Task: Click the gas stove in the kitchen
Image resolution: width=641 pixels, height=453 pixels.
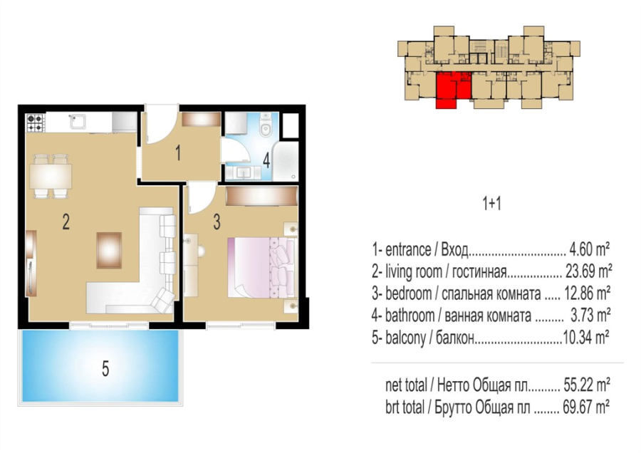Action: tap(35, 123)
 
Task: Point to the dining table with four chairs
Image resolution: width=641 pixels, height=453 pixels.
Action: tap(51, 176)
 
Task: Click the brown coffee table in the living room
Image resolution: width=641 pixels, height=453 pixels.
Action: tap(109, 250)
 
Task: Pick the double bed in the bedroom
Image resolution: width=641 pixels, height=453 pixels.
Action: tap(261, 267)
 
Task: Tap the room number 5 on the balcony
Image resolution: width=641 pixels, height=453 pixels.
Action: tap(105, 369)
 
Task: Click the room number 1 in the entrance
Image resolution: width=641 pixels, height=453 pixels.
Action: tap(178, 153)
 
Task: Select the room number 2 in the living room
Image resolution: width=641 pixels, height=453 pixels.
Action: tap(66, 222)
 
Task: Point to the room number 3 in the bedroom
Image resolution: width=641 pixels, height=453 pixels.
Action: tap(217, 222)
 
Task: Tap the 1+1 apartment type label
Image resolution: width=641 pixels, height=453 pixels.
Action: tap(491, 204)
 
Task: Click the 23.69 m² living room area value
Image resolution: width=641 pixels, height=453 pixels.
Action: tap(588, 271)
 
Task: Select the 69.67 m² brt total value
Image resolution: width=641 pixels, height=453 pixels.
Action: tap(586, 407)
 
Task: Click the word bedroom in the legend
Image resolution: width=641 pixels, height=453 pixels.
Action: tap(408, 293)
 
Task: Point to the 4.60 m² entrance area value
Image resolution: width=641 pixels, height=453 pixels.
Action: tap(590, 249)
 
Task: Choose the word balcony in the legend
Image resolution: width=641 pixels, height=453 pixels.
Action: tap(405, 338)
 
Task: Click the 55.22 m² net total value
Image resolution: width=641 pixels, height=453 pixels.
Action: tap(587, 385)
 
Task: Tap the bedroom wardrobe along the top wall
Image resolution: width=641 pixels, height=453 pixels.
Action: tap(261, 196)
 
